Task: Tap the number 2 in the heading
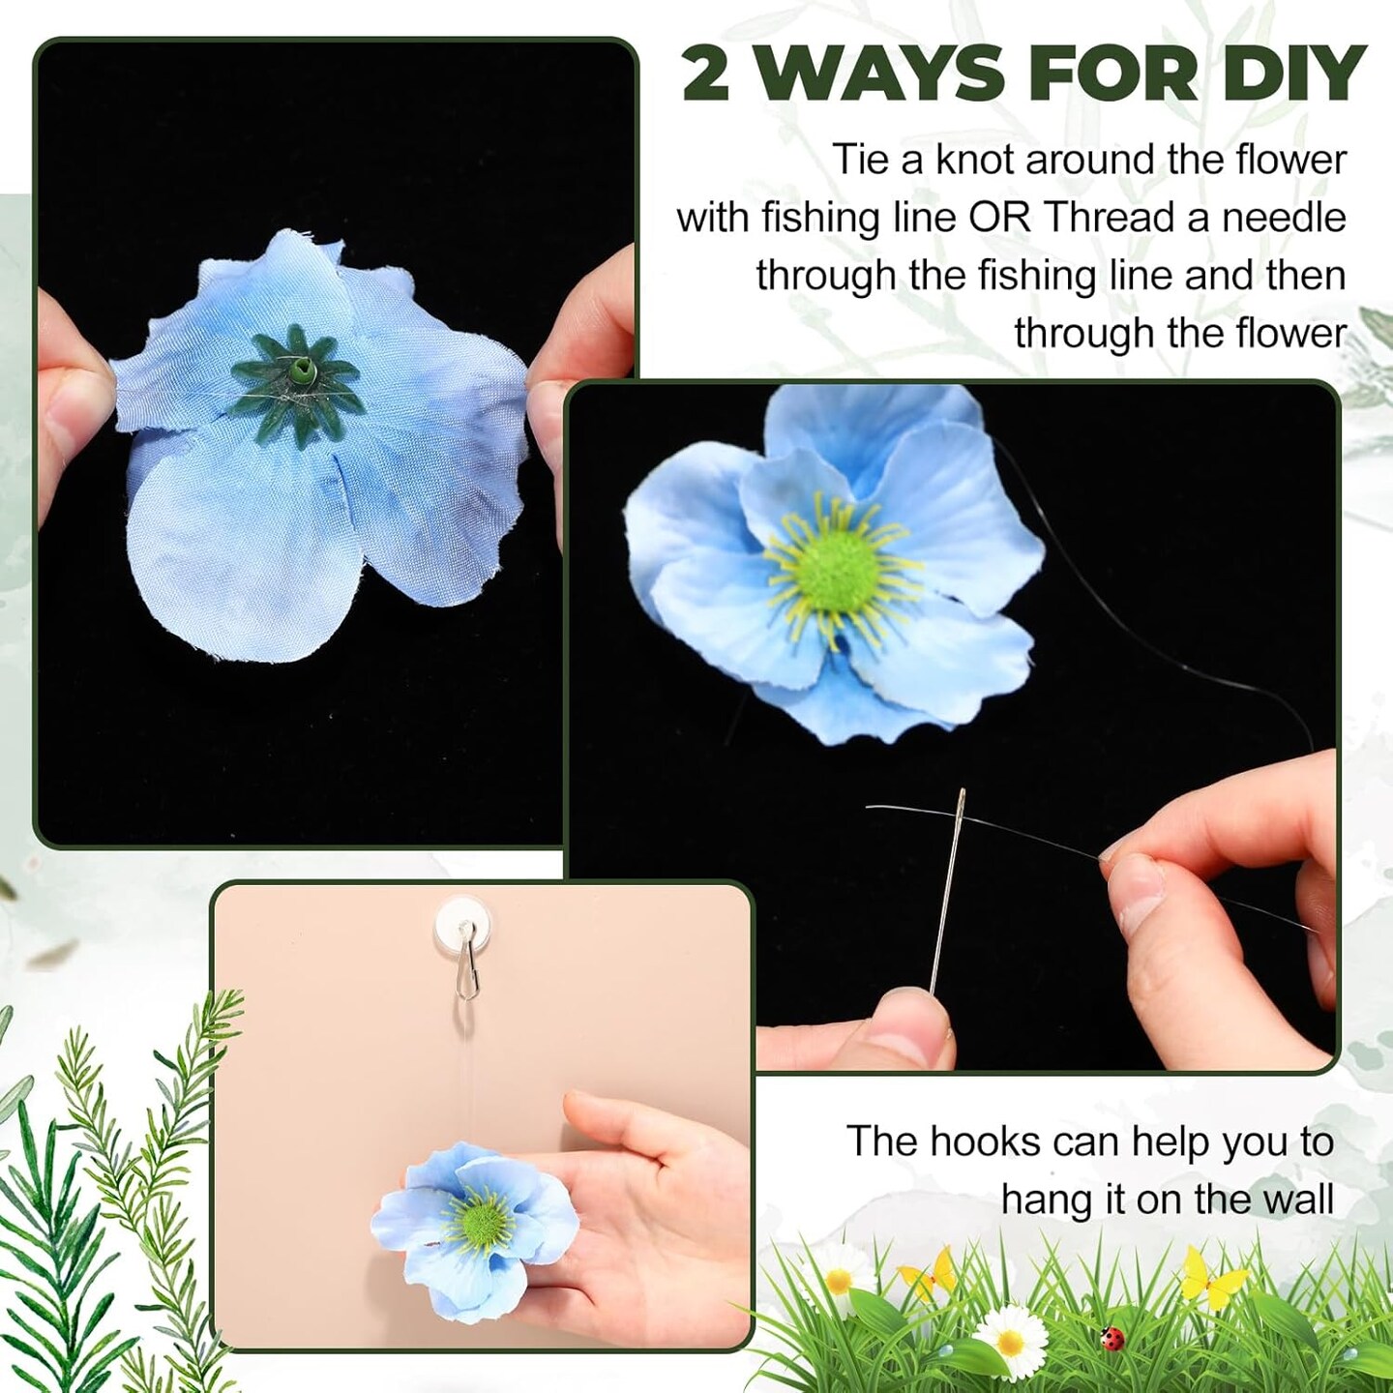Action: point(706,74)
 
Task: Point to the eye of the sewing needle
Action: point(961,802)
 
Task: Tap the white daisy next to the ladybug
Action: point(1011,1339)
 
